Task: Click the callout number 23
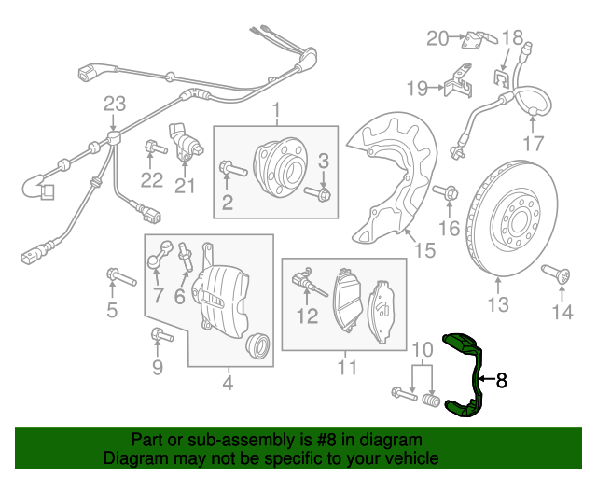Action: tap(114, 103)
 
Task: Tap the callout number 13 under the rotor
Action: tap(498, 304)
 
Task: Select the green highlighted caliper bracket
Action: tap(466, 373)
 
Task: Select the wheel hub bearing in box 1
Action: tap(281, 164)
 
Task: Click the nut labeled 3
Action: tap(323, 194)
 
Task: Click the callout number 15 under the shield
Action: tap(424, 250)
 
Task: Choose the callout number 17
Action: tap(532, 144)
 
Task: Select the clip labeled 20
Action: tap(478, 39)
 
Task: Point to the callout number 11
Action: tap(347, 367)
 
